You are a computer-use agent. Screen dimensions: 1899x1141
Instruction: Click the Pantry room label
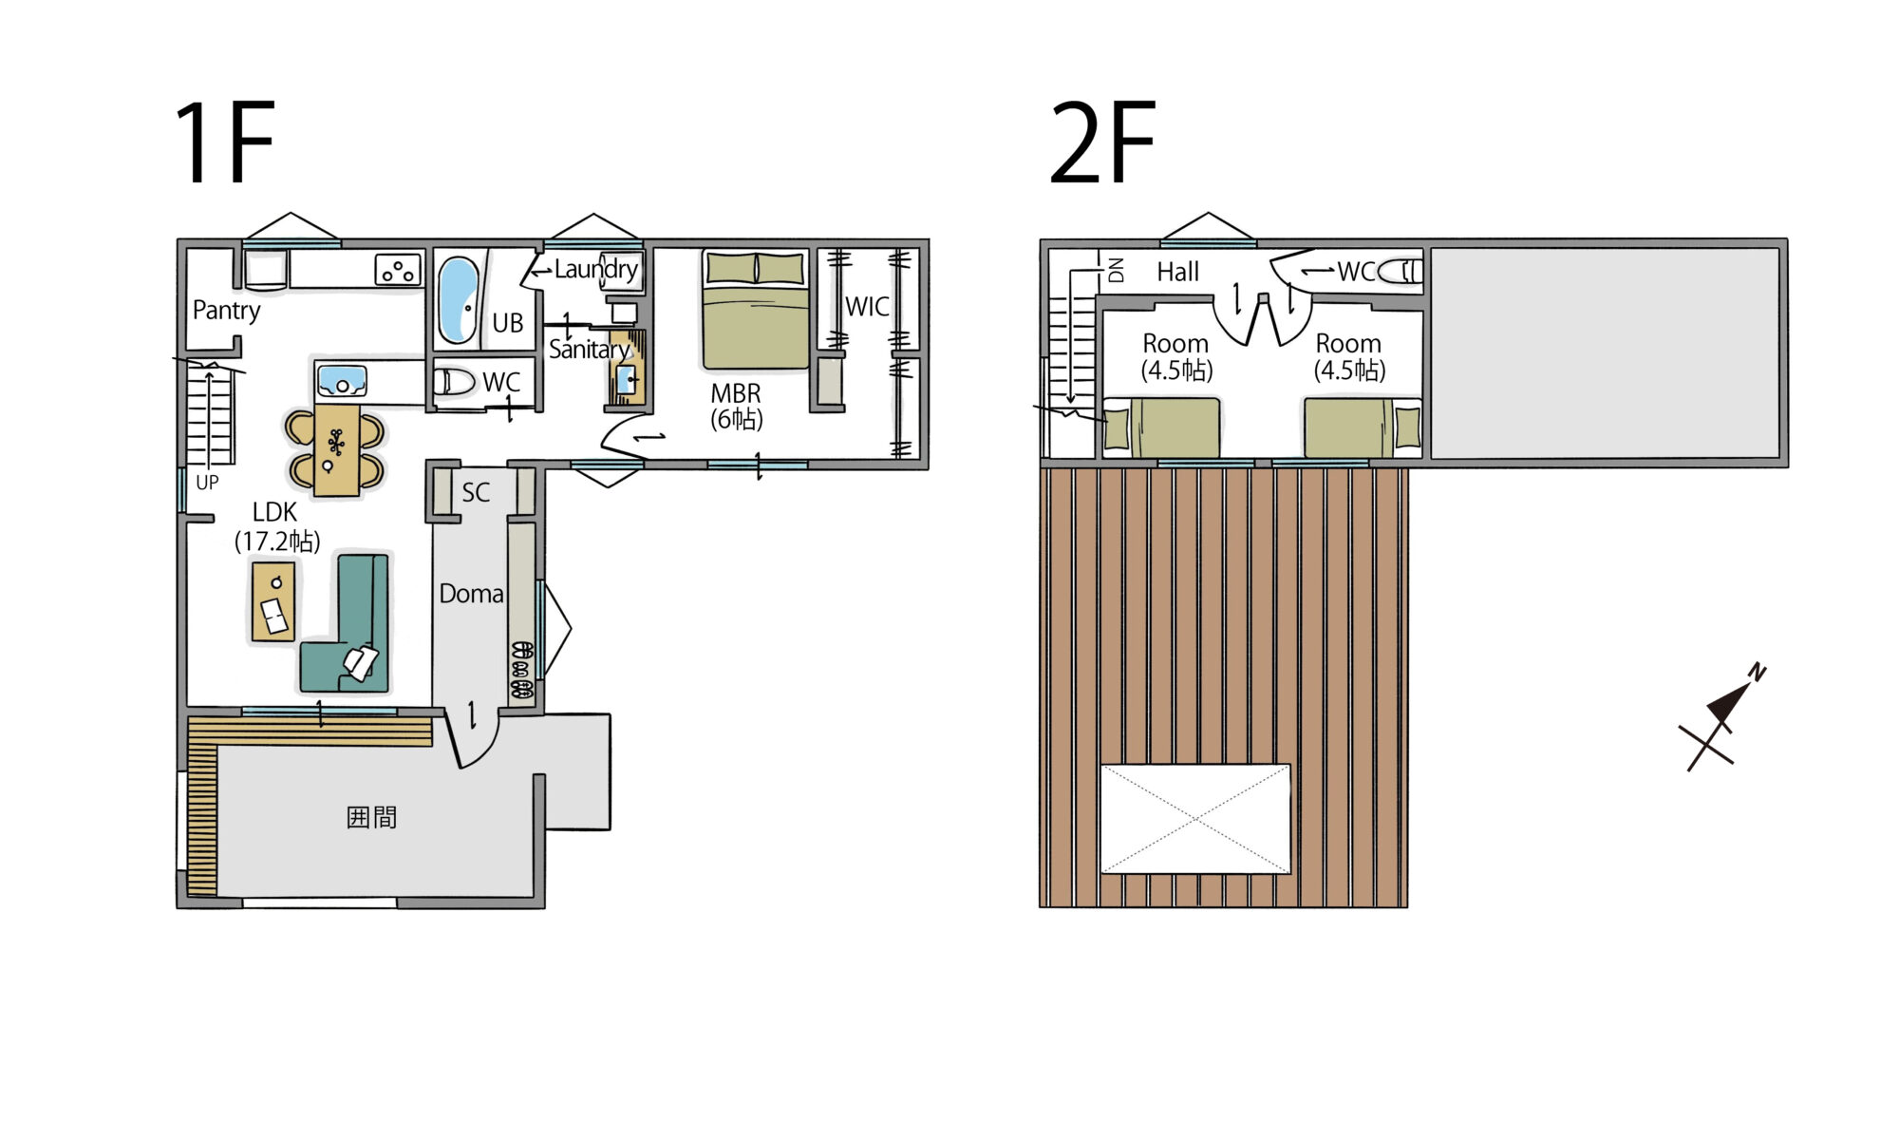click(x=226, y=311)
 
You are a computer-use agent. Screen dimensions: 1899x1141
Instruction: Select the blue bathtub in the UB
click(x=459, y=299)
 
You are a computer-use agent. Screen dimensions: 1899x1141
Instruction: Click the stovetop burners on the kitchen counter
click(x=398, y=270)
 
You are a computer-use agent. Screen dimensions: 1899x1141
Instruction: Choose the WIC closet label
click(x=867, y=307)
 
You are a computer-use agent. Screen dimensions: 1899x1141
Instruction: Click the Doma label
click(x=471, y=594)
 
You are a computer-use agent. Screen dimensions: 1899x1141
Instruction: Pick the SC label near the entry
click(x=476, y=492)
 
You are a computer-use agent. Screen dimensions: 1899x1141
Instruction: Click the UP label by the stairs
click(x=207, y=483)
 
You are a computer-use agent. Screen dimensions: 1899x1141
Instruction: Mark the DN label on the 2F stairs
click(x=1117, y=270)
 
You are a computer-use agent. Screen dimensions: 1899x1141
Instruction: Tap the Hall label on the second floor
click(x=1178, y=272)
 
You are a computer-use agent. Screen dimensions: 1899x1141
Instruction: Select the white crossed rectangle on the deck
click(x=1195, y=819)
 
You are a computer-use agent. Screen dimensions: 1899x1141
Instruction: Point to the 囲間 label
click(x=371, y=817)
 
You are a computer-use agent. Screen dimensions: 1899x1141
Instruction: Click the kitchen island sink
click(x=342, y=381)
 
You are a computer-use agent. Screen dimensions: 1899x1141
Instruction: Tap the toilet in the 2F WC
click(x=1400, y=272)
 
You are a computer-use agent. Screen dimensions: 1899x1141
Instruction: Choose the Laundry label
click(x=595, y=270)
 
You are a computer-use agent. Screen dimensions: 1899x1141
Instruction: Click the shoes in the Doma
click(x=521, y=671)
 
